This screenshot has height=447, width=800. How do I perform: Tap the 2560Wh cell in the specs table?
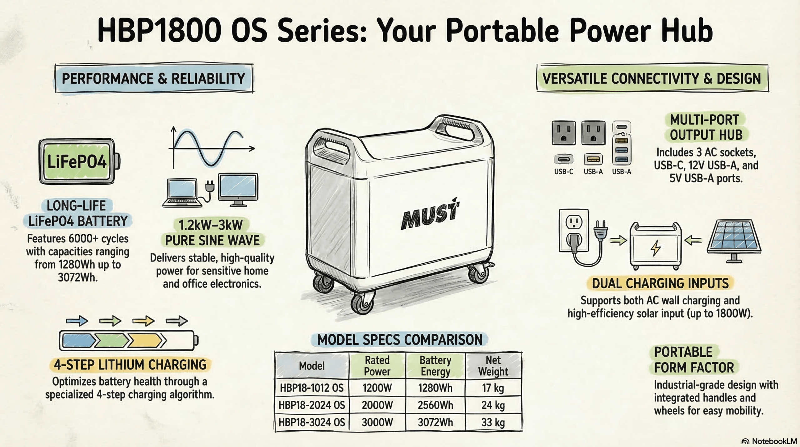[x=435, y=405]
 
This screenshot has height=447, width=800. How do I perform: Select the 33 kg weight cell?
[x=493, y=422]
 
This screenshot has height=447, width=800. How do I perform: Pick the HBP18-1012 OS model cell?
[x=312, y=388]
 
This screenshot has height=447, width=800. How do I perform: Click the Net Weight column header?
[x=493, y=366]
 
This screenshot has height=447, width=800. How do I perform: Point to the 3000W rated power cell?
[x=377, y=422]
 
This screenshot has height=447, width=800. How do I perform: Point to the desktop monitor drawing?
[x=238, y=190]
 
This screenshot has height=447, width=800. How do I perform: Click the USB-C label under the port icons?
[x=563, y=171]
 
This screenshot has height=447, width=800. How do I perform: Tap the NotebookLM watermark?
[x=769, y=441]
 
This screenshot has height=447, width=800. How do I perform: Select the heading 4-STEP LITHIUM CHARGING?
[x=130, y=365]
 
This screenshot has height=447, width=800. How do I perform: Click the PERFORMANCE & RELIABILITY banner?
[x=154, y=78]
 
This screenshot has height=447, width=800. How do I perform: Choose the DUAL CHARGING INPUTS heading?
[x=660, y=283]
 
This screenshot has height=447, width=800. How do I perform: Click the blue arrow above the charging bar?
[x=77, y=321]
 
